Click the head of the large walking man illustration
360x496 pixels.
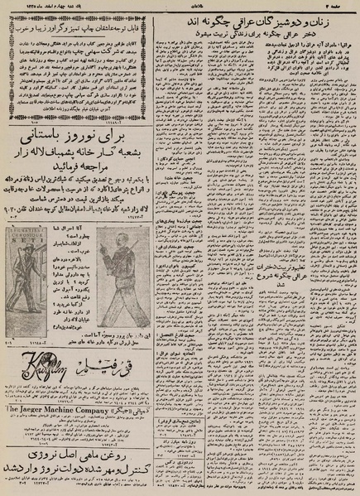point(121,240)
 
